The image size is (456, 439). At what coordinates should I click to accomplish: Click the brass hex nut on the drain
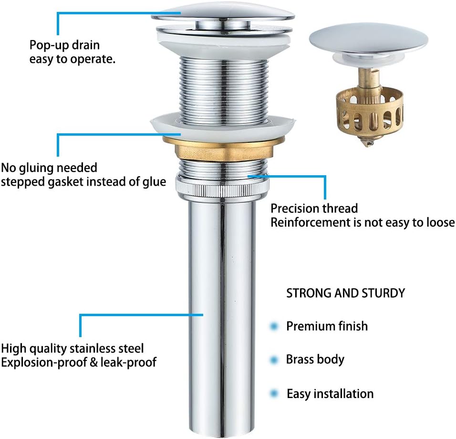pyautogui.click(x=223, y=148)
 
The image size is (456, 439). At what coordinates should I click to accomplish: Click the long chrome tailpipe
pyautogui.click(x=222, y=317)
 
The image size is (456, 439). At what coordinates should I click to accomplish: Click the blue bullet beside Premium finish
pyautogui.click(x=274, y=326)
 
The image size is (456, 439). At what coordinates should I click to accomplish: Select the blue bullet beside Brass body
pyautogui.click(x=274, y=360)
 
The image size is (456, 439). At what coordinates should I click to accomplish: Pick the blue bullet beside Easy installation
pyautogui.click(x=274, y=394)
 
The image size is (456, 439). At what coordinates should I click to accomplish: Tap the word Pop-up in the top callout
pyautogui.click(x=49, y=46)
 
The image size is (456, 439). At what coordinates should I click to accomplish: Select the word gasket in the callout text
pyautogui.click(x=65, y=182)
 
